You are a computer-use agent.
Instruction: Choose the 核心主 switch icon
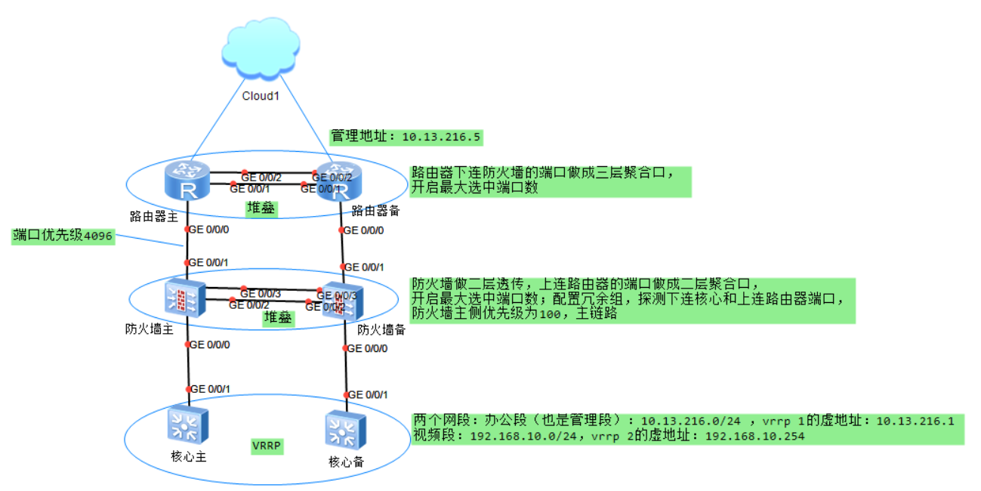tap(187, 425)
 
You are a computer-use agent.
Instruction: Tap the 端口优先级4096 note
tap(63, 236)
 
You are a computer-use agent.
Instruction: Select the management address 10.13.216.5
tap(442, 137)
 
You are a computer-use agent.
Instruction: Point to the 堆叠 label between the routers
tap(261, 207)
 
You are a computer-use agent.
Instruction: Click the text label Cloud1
tap(261, 96)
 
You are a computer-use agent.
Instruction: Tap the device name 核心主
tap(189, 456)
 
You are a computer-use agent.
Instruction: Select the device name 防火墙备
tap(381, 329)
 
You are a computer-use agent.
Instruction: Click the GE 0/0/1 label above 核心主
tap(210, 389)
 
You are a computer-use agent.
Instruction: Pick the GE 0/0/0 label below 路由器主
tap(208, 230)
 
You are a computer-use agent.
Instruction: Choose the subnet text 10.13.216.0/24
tap(695, 421)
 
